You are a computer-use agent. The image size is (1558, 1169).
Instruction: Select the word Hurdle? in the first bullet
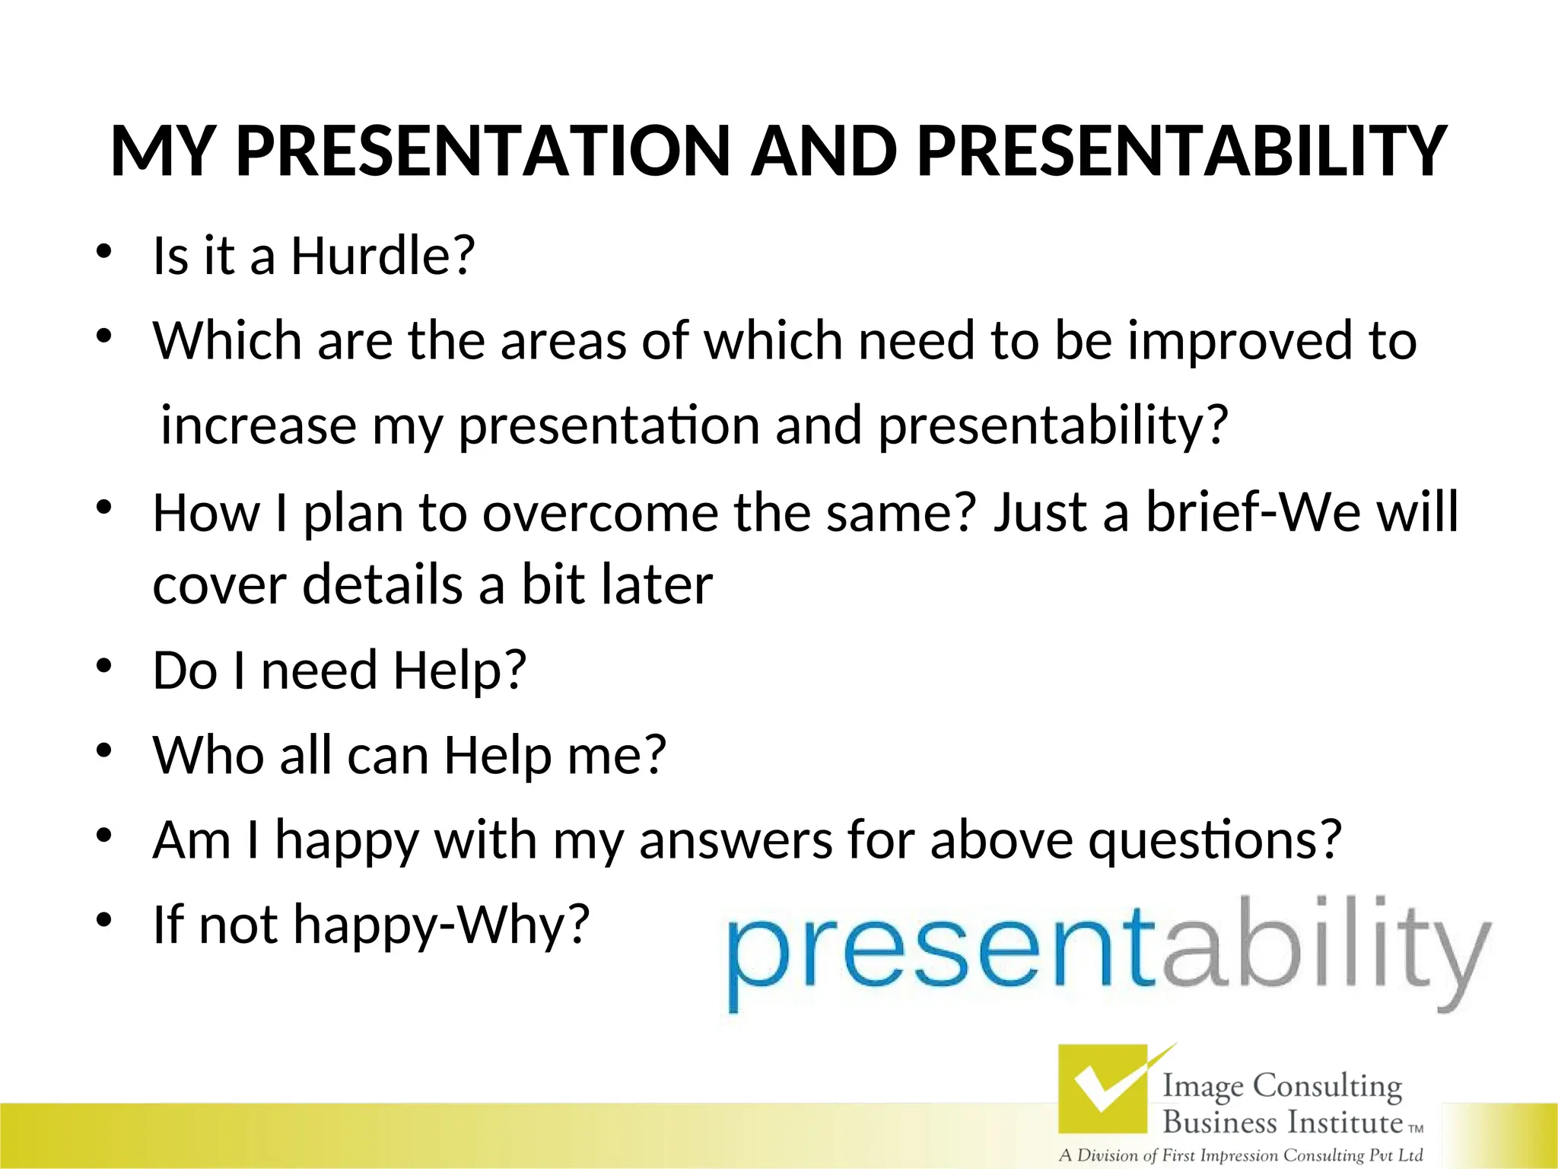(x=383, y=256)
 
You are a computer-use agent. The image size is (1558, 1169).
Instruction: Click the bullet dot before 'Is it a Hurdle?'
(x=104, y=251)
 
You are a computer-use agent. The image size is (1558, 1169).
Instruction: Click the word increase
(x=259, y=426)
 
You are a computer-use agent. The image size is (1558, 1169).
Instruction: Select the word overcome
(x=599, y=514)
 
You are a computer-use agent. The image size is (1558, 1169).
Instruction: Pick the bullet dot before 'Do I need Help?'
(x=104, y=666)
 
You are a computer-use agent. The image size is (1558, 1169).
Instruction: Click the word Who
(x=208, y=756)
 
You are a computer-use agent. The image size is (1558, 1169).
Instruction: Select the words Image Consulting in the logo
(x=1282, y=1086)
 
